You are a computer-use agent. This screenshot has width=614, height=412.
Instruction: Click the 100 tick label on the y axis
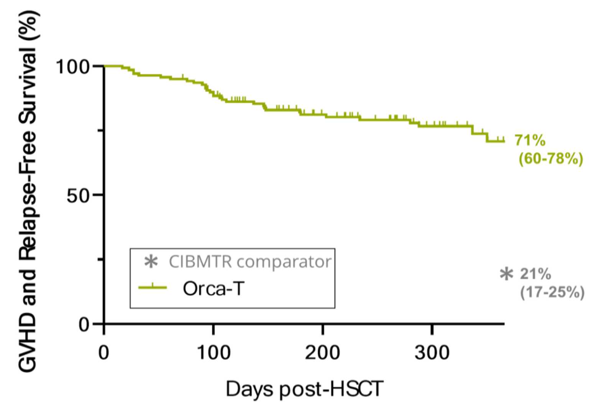[73, 66]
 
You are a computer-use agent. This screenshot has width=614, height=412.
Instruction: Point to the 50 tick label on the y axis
[78, 196]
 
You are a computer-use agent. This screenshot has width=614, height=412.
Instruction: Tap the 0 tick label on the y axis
[84, 325]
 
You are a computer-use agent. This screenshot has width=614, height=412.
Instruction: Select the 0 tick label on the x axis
[103, 352]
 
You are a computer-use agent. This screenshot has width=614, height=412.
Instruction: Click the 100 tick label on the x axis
[213, 352]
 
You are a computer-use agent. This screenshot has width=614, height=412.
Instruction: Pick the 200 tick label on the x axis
[322, 352]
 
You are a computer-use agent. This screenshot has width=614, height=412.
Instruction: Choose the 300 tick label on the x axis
[432, 352]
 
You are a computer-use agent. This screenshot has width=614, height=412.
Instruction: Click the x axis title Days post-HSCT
[304, 389]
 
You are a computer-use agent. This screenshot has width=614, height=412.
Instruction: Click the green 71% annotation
[530, 140]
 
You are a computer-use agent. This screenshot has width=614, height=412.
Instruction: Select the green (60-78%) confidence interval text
[551, 158]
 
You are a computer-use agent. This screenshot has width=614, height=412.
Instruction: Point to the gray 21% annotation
[535, 274]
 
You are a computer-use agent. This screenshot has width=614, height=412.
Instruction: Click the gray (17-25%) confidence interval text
[552, 292]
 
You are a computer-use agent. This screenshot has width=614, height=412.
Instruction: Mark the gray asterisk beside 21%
[506, 274]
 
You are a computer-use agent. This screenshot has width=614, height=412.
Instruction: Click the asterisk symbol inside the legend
[151, 262]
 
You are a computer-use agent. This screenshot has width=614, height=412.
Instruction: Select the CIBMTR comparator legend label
[250, 262]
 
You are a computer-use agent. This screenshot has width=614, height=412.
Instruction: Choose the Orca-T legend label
[213, 288]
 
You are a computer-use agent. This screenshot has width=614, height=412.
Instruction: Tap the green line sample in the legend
[153, 287]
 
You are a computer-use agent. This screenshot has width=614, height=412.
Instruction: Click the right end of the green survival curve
[504, 141]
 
